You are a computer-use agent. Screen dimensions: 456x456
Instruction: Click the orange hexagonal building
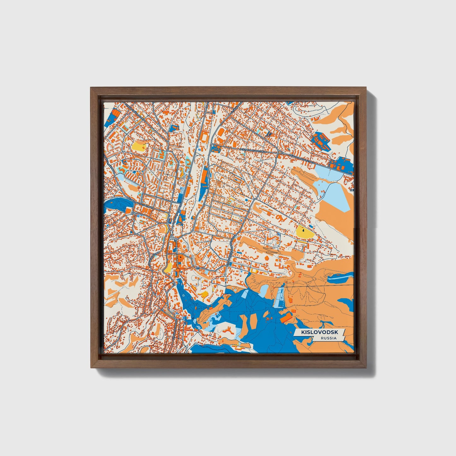[x=267, y=258]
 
